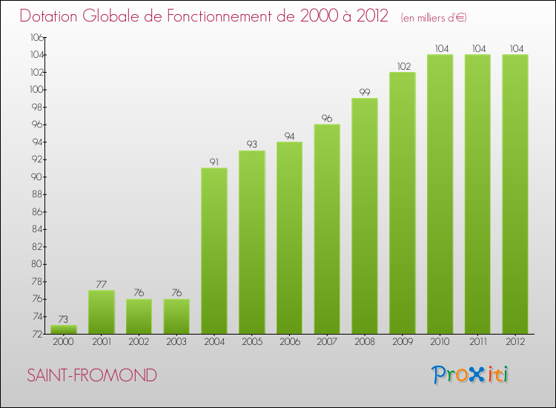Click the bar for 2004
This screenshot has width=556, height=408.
pos(214,251)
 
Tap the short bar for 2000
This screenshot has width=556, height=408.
pos(63,329)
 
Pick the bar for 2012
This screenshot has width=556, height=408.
pos(515,194)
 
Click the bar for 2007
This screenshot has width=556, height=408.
pos(327,228)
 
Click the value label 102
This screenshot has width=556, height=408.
pos(403,67)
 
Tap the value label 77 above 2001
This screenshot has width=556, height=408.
pos(101,285)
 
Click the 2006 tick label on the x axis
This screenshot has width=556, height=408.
pos(289,341)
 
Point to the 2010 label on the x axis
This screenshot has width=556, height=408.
pos(440,341)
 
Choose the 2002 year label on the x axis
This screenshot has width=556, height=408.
pos(139,341)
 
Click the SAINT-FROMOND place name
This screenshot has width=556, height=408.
pos(92,376)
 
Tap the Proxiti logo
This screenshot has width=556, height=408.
pos(471,375)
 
